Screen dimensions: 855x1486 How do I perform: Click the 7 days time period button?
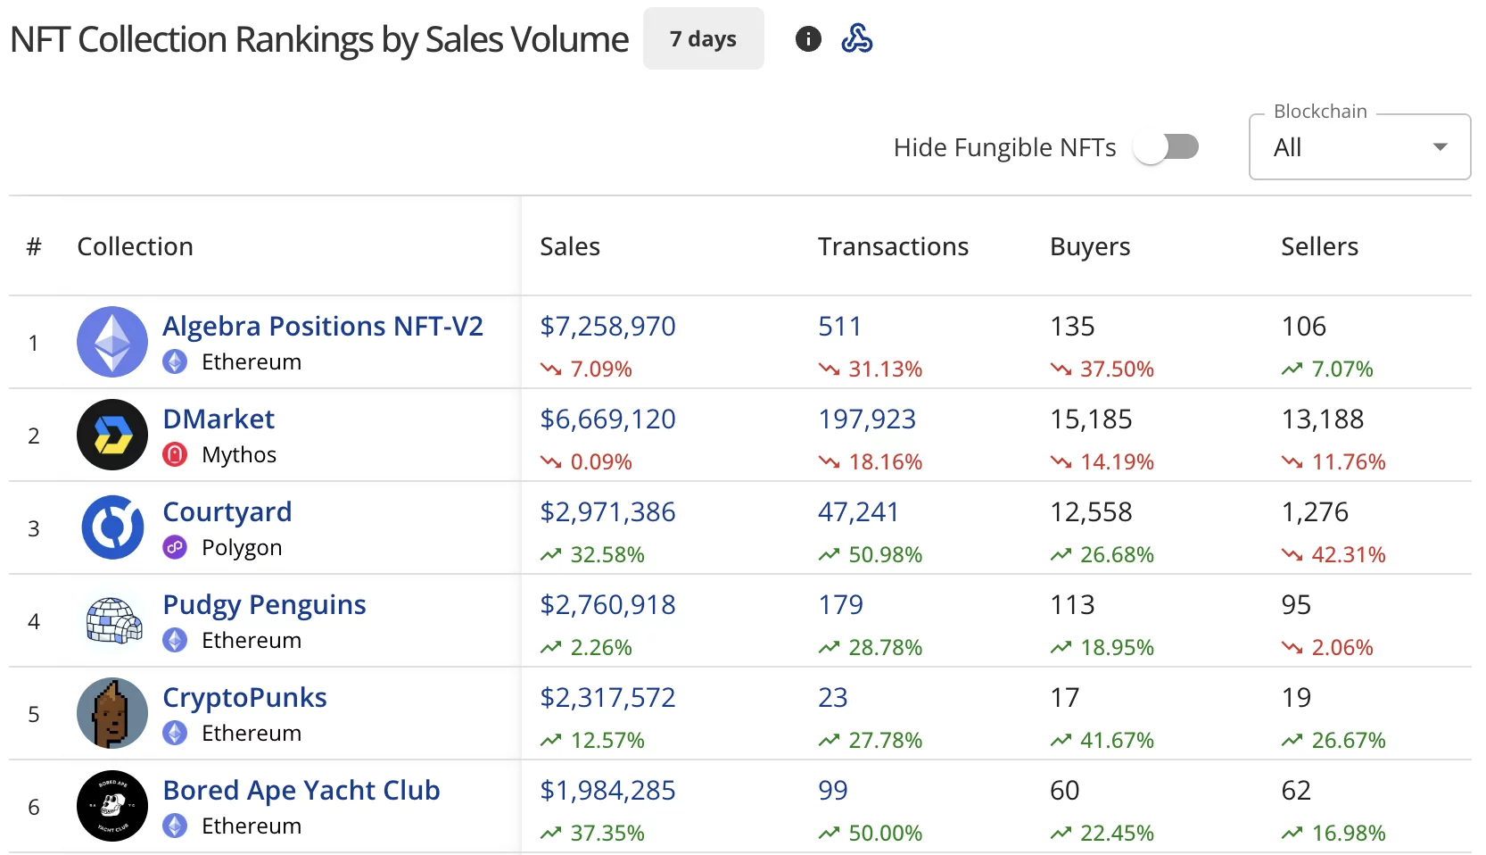tap(703, 39)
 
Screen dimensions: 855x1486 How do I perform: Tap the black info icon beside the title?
tap(808, 39)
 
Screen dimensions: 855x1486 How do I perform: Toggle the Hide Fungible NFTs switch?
tap(1166, 147)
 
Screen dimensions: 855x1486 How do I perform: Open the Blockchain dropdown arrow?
tap(1440, 147)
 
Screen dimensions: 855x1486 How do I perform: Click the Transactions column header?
tap(893, 246)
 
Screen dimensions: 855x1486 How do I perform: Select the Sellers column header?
tap(1319, 246)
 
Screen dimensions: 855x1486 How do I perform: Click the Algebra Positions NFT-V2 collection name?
tap(323, 327)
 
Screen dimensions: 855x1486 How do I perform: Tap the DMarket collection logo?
tap(112, 435)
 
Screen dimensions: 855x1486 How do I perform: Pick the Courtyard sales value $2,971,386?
tap(607, 512)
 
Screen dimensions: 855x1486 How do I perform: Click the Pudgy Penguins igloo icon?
tap(112, 620)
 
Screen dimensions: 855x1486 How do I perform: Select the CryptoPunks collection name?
tap(244, 698)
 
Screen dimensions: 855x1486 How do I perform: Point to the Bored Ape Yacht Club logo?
tap(112, 806)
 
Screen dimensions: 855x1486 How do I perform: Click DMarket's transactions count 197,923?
tap(867, 419)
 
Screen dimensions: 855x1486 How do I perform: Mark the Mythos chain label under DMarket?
tap(239, 455)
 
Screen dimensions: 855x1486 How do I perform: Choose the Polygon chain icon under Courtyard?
tap(175, 548)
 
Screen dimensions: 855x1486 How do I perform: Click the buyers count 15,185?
tap(1091, 419)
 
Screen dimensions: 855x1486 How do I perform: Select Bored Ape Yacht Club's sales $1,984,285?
tap(607, 791)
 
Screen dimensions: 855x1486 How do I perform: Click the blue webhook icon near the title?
tap(857, 39)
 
